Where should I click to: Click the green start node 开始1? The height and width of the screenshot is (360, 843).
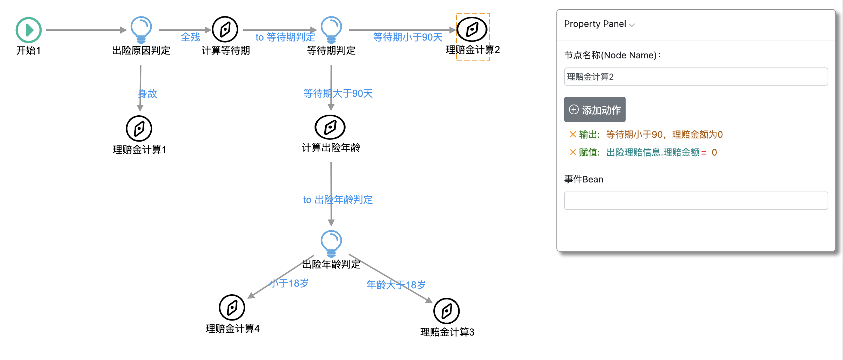29,30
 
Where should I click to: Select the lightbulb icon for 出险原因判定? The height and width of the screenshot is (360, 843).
141,29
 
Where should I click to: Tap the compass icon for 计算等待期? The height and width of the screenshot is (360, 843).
225,29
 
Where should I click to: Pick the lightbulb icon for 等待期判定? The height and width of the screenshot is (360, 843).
331,29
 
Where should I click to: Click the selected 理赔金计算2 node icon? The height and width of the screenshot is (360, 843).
472,29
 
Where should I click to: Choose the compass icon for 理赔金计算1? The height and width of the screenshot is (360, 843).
139,129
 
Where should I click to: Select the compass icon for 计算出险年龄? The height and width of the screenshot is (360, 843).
330,127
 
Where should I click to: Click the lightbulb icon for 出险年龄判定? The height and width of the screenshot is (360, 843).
331,243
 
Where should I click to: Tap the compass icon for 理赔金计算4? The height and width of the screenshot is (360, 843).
232,308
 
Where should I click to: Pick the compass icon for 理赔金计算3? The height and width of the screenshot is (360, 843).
446,311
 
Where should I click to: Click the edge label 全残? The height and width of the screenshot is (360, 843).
190,37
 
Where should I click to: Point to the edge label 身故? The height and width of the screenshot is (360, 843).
148,94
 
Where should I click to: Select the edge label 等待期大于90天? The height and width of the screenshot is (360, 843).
338,93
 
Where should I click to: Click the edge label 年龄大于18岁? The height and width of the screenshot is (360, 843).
396,285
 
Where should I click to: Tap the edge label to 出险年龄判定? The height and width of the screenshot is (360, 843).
338,200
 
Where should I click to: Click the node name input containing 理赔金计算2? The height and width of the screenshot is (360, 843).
696,77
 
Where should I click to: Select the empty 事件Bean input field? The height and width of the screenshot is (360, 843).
696,201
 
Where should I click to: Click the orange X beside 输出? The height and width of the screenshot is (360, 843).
572,134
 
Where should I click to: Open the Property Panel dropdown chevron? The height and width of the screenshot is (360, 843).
632,25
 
